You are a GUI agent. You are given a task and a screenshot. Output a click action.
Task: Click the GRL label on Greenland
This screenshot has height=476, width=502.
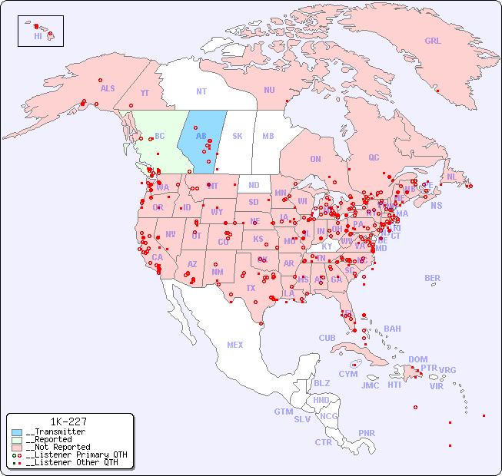[433, 41]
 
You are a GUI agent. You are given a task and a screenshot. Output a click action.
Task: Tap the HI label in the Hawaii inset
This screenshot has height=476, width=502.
[38, 36]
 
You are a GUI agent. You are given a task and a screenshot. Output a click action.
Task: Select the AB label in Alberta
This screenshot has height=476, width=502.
[201, 136]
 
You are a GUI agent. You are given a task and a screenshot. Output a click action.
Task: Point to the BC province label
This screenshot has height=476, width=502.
[159, 136]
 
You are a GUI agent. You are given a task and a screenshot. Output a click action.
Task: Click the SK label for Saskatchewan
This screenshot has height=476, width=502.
[238, 136]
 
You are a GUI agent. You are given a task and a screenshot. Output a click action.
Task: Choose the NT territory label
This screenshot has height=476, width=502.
[201, 91]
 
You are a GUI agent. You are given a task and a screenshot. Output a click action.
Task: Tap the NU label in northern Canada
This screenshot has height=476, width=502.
[269, 90]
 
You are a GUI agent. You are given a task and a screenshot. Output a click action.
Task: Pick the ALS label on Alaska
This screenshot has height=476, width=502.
[108, 88]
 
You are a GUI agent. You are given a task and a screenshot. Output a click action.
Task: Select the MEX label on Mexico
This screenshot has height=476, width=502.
[234, 345]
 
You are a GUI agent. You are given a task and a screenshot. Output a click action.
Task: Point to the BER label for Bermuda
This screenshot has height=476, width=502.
[433, 278]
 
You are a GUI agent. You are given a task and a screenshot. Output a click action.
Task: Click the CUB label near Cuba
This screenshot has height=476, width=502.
[327, 338]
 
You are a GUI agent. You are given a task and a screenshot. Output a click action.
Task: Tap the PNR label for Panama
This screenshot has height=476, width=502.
[367, 433]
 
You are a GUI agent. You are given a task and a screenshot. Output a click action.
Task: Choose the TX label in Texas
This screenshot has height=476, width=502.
[250, 288]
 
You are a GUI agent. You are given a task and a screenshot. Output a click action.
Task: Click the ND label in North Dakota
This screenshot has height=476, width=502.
[254, 185]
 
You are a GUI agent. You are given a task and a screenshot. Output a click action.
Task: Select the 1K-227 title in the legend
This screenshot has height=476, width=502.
[68, 421]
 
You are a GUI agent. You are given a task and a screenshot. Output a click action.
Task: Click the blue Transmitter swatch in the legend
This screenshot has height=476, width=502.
[17, 432]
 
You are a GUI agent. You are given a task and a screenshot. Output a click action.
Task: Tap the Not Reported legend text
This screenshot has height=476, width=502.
[58, 447]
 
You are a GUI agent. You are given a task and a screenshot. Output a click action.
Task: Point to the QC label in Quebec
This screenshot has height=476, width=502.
[374, 157]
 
